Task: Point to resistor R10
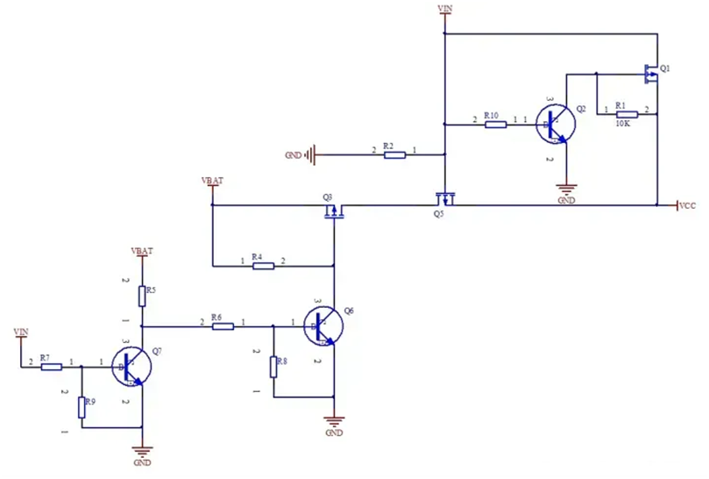[495, 125]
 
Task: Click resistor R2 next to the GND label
[394, 155]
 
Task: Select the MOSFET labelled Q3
[334, 212]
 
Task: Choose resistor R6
[223, 326]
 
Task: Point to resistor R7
[52, 367]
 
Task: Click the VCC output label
[687, 206]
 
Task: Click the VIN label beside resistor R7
[21, 331]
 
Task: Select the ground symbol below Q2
[566, 190]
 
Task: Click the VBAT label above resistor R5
[142, 251]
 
